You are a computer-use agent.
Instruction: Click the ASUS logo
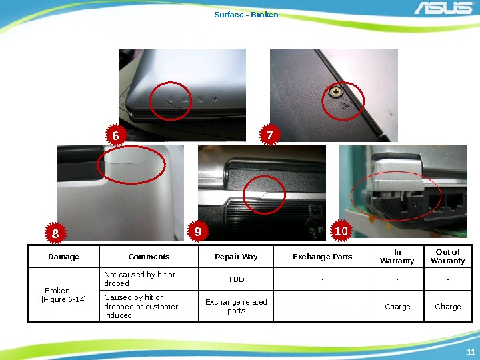coord(443,8)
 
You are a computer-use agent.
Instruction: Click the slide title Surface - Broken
coord(246,15)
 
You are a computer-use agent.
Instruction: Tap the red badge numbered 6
coord(116,135)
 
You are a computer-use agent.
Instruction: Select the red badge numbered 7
coord(270,135)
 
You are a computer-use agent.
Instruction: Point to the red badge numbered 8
coord(55,233)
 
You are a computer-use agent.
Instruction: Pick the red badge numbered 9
coord(198,231)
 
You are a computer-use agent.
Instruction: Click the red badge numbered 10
coord(341,231)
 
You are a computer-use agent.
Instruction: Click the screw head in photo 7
coord(335,92)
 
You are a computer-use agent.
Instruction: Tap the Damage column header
coord(64,257)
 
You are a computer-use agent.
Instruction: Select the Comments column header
coord(149,257)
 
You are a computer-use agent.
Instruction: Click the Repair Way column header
coord(236,257)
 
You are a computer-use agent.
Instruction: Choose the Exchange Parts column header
coord(323,257)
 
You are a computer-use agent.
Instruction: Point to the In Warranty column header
coord(397,256)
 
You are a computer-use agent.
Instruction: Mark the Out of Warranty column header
coord(447,256)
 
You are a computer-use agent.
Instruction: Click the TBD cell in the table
coord(236,279)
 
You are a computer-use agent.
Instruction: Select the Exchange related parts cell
coord(236,306)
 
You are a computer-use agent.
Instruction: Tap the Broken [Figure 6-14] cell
coord(64,295)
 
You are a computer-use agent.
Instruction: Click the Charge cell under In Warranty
coord(397,307)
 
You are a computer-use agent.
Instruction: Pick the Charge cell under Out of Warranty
coord(448,307)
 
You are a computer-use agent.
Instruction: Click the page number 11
coord(471,352)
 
